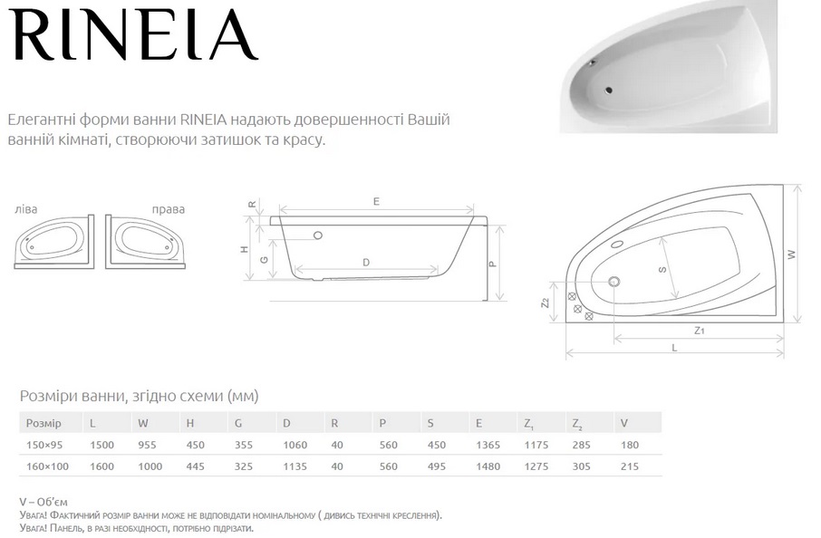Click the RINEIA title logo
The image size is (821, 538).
(x=133, y=34)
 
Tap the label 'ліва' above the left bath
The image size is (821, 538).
(x=26, y=209)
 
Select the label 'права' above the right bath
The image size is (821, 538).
(x=168, y=209)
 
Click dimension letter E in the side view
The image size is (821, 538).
(x=376, y=201)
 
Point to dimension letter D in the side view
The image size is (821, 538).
(x=366, y=262)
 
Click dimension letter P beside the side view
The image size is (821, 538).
(x=492, y=264)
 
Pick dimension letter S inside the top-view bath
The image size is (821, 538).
(x=662, y=270)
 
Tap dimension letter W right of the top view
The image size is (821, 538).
(x=791, y=255)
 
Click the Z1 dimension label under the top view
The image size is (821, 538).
(x=699, y=331)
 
